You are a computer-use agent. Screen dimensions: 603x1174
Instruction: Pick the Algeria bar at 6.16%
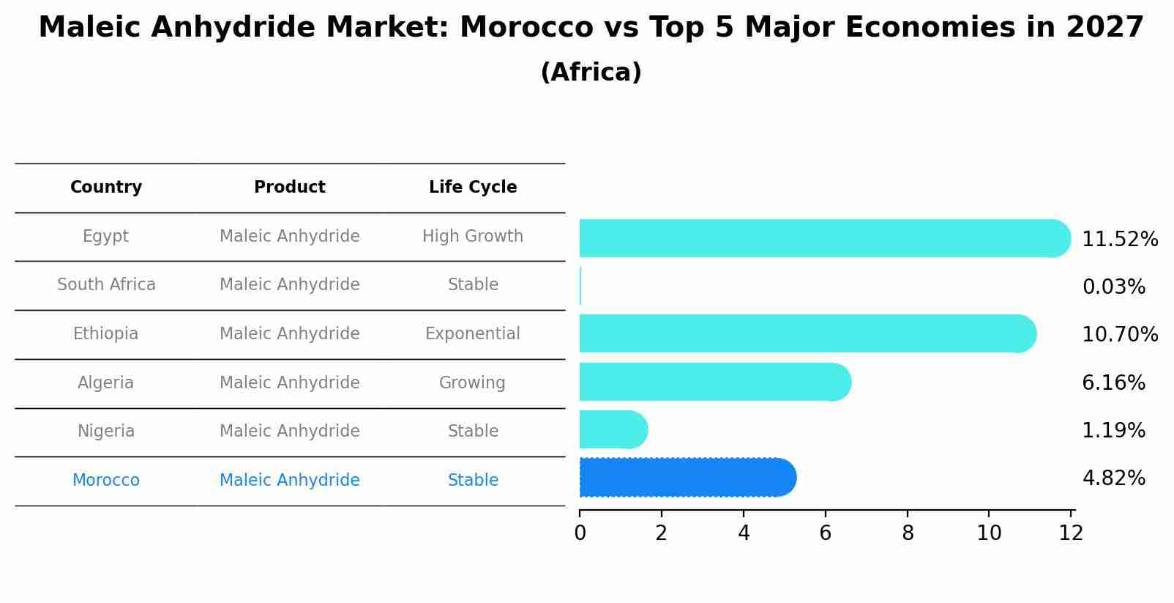(714, 382)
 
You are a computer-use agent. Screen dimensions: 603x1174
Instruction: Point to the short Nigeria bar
(613, 429)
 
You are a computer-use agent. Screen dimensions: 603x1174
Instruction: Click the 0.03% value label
(1113, 287)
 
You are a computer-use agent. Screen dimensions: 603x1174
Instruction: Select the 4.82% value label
(1113, 478)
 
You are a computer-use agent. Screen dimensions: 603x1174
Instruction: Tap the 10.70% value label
(1119, 335)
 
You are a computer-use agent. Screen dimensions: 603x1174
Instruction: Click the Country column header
(106, 188)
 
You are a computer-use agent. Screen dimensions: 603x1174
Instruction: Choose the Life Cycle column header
(473, 188)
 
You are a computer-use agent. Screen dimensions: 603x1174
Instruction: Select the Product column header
(290, 188)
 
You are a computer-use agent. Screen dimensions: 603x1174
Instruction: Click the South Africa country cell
(106, 285)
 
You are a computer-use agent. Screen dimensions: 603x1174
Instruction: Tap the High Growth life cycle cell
(473, 237)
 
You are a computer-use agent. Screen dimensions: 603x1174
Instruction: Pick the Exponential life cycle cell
(473, 334)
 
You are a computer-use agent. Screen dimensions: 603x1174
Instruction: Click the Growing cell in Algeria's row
(472, 383)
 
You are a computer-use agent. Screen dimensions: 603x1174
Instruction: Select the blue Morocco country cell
(106, 481)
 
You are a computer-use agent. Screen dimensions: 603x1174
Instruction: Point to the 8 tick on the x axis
(908, 533)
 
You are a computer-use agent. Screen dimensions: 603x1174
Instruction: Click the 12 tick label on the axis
(1071, 533)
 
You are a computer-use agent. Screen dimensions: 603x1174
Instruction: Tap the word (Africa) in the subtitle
(591, 73)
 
